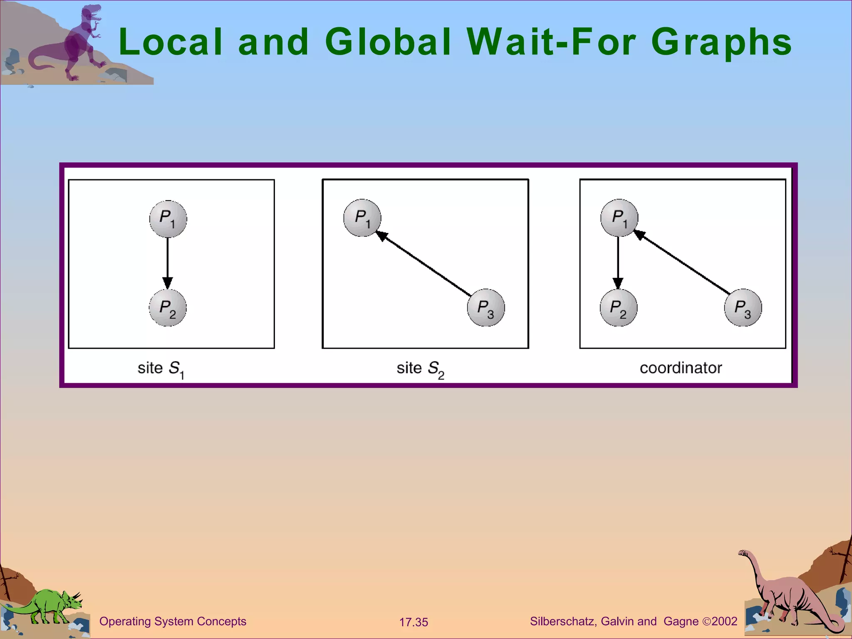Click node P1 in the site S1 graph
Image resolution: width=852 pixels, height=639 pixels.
pyautogui.click(x=168, y=219)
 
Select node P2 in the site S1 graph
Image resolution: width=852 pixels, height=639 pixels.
pyautogui.click(x=168, y=308)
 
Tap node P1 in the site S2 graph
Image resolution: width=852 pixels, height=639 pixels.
pyautogui.click(x=362, y=218)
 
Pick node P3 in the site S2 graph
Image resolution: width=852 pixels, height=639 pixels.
pyautogui.click(x=485, y=308)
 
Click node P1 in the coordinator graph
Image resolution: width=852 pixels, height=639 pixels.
pyautogui.click(x=619, y=218)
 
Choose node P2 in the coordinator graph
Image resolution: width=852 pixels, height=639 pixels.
pyautogui.click(x=618, y=308)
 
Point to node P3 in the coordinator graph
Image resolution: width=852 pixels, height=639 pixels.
pyautogui.click(x=743, y=308)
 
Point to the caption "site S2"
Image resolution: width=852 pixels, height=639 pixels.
pyautogui.click(x=420, y=369)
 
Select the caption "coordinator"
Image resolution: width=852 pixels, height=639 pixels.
pyautogui.click(x=681, y=368)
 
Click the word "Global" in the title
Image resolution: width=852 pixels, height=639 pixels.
pyautogui.click(x=388, y=42)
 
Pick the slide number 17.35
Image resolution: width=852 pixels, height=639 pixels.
pyautogui.click(x=414, y=622)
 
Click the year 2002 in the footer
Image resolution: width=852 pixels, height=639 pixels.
pyautogui.click(x=724, y=622)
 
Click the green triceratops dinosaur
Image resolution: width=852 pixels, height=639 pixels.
pyautogui.click(x=46, y=608)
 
